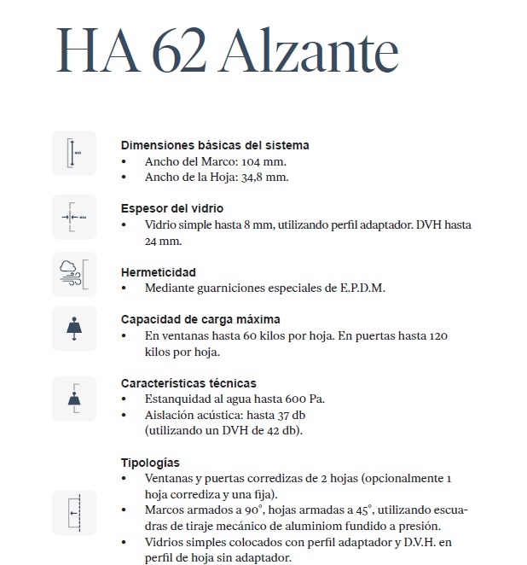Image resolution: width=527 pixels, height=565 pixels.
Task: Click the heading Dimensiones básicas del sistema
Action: click(x=215, y=145)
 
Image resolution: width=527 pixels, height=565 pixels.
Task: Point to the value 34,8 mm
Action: click(x=264, y=178)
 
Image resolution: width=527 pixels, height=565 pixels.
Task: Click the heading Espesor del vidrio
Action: click(x=172, y=208)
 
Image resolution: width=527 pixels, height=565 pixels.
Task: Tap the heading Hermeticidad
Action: click(x=159, y=272)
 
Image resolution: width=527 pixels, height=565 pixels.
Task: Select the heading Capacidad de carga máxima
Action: click(x=200, y=319)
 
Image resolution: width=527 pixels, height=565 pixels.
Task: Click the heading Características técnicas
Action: click(x=188, y=383)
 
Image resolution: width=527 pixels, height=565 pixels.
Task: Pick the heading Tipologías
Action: click(x=150, y=463)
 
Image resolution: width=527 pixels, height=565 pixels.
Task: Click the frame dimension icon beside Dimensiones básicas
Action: click(x=74, y=154)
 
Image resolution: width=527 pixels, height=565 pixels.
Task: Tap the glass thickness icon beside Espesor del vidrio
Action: click(x=74, y=217)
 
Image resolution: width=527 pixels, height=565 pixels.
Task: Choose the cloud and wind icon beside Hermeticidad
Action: click(x=74, y=274)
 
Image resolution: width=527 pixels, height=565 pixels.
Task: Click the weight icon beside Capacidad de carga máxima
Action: click(x=74, y=329)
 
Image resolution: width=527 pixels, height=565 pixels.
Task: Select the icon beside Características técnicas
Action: click(x=74, y=398)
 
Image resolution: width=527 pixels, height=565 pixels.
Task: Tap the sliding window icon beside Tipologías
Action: click(x=74, y=512)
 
